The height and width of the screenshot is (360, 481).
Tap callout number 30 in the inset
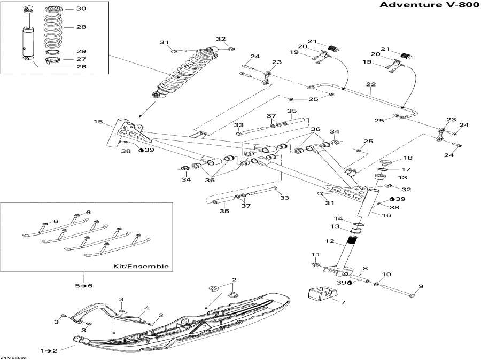[x=81, y=9]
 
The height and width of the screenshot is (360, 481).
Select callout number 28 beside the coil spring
[x=81, y=27]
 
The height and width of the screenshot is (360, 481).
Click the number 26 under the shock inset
[x=81, y=67]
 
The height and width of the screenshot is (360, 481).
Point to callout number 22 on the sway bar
[x=370, y=84]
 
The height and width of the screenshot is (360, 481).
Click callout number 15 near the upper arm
[x=98, y=122]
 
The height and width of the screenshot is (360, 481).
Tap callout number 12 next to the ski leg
[x=330, y=242]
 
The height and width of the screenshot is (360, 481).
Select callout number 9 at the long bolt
[x=420, y=287]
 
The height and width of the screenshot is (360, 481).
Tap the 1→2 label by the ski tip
[x=51, y=350]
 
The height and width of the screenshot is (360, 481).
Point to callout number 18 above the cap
[x=407, y=159]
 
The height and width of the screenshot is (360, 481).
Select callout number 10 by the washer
[x=386, y=275]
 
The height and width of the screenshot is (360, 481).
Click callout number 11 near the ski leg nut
[x=316, y=254]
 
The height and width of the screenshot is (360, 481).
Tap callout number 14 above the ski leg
[x=339, y=218]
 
